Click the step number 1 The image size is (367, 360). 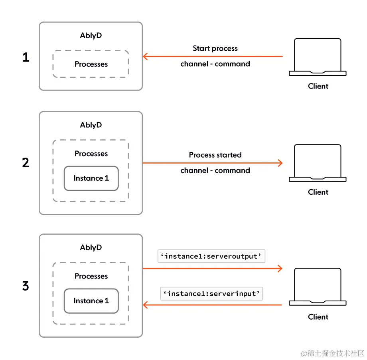point(26,57)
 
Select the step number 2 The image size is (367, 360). point(26,163)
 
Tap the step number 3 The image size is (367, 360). point(26,286)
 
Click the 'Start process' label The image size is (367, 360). point(215,48)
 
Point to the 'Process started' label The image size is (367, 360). point(215,155)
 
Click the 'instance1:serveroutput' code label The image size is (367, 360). point(212,256)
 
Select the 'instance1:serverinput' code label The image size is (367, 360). point(212,294)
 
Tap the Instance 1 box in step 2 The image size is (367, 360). point(91,178)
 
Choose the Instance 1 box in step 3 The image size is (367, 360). point(91,301)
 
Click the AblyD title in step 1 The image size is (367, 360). point(91,36)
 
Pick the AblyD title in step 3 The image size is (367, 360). point(91,247)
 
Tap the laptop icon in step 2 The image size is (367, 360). point(318,163)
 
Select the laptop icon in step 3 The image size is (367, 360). point(318,287)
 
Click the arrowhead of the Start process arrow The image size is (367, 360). point(145,57)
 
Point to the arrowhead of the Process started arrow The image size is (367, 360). point(280,163)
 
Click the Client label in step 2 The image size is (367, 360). point(318,192)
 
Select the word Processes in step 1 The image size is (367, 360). point(91,64)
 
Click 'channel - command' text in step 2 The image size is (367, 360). point(215,170)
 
